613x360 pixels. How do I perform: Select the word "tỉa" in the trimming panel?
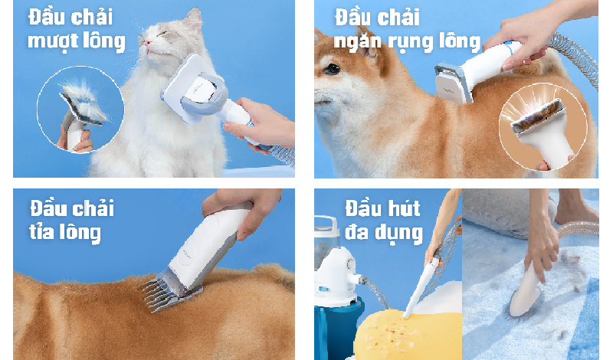(41, 231)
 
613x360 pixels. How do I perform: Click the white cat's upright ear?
(194, 20)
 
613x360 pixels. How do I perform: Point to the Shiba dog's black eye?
(333, 69)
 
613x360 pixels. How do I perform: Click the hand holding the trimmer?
(245, 209)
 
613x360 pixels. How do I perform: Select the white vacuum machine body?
(336, 273)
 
